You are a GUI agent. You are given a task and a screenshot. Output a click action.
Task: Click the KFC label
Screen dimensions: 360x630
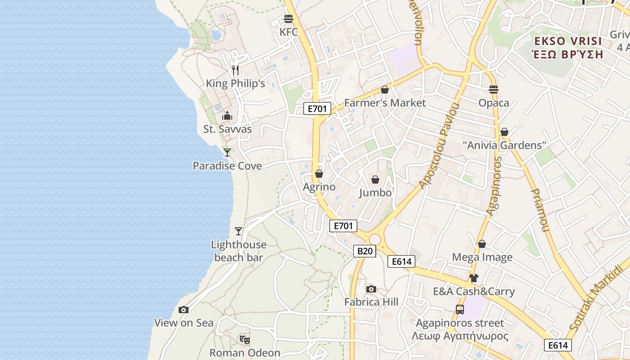(288, 32)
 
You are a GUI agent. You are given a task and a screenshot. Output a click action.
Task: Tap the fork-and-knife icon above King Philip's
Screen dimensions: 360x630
(235, 70)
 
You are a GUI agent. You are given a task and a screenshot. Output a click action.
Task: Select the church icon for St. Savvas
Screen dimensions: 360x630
(227, 116)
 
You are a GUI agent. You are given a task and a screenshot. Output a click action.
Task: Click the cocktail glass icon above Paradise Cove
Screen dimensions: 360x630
(227, 153)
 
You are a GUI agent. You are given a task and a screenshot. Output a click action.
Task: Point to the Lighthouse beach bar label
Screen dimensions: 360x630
(239, 251)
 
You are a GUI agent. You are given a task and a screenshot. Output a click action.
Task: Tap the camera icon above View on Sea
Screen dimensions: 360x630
(184, 310)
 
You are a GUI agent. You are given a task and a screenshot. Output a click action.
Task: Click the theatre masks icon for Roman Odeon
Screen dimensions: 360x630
(245, 339)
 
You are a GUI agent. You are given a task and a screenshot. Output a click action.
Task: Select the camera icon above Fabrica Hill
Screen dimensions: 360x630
(371, 289)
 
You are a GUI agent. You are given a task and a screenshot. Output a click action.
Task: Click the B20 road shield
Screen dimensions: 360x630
(364, 251)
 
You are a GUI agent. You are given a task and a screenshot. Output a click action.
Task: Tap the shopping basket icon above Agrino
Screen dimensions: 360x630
(319, 174)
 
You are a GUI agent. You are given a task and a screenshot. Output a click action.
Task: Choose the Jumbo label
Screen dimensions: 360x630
(375, 193)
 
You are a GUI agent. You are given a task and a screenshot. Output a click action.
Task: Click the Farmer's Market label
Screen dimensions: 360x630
(385, 103)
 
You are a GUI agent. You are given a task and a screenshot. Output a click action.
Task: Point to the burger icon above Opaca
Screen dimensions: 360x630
(494, 89)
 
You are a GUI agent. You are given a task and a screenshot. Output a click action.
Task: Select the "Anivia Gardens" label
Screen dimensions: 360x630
(504, 145)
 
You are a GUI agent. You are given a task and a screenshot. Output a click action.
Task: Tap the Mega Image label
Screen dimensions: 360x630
(482, 257)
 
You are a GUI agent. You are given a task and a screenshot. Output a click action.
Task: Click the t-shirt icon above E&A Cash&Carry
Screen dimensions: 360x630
(473, 278)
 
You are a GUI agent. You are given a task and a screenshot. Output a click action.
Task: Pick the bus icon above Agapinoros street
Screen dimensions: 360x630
(460, 310)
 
